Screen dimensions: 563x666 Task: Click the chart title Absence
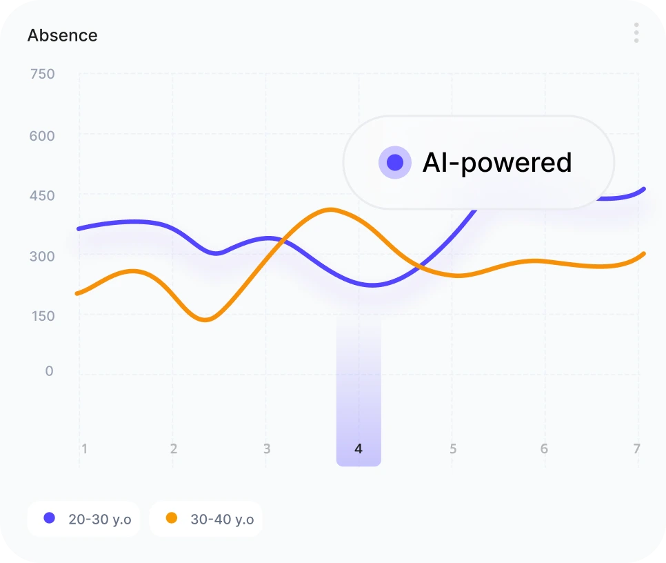pyautogui.click(x=62, y=35)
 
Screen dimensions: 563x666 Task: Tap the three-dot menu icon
pyautogui.click(x=636, y=32)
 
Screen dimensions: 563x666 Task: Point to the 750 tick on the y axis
pyautogui.click(x=42, y=75)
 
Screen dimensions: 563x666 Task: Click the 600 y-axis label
pyautogui.click(x=42, y=136)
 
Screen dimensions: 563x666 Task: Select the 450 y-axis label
pyautogui.click(x=42, y=196)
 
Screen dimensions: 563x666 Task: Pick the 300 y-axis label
pyautogui.click(x=42, y=256)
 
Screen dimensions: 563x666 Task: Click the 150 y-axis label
pyautogui.click(x=42, y=316)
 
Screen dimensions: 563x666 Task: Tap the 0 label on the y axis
pyautogui.click(x=49, y=371)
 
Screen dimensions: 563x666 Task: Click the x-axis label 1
pyautogui.click(x=84, y=449)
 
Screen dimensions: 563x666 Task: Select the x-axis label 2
pyautogui.click(x=174, y=449)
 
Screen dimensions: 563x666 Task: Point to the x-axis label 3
pyautogui.click(x=267, y=449)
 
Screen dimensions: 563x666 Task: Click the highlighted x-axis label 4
pyautogui.click(x=359, y=449)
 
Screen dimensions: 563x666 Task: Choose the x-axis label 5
pyautogui.click(x=453, y=449)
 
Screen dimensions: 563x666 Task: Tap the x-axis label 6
pyautogui.click(x=544, y=449)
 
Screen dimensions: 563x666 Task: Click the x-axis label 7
pyautogui.click(x=636, y=449)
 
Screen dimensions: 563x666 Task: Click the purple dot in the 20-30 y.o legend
pyautogui.click(x=49, y=518)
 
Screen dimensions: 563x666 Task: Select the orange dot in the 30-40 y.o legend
pyautogui.click(x=171, y=518)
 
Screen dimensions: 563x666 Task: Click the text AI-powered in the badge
pyautogui.click(x=497, y=163)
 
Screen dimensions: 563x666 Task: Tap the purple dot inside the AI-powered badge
pyautogui.click(x=395, y=163)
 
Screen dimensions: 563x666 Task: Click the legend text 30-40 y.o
pyautogui.click(x=222, y=520)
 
